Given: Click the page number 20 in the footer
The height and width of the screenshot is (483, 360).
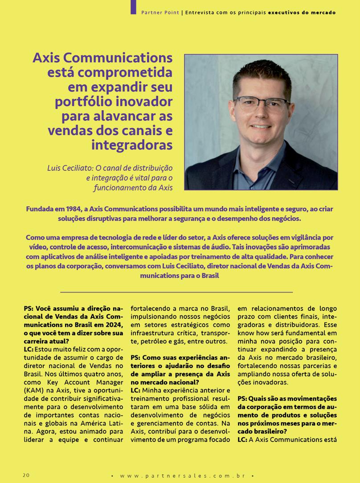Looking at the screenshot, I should tap(26, 475).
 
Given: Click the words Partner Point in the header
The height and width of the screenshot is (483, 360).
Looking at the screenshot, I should tap(160, 12).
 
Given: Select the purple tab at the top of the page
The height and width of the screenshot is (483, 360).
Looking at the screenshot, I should tap(133, 7).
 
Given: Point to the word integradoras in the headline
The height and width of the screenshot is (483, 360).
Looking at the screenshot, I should tap(131, 145).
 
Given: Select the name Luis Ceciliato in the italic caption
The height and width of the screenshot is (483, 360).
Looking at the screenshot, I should tap(70, 169).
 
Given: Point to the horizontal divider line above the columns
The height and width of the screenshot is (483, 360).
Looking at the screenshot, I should tap(176, 292).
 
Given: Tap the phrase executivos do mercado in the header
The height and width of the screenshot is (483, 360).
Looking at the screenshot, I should tap(302, 12).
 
